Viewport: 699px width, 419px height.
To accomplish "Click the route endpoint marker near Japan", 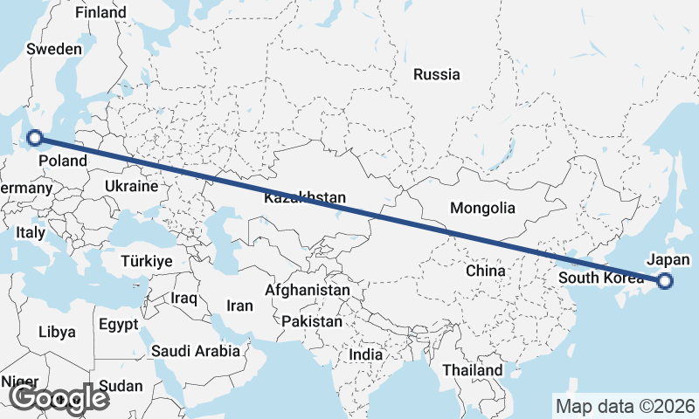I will pos(665,280).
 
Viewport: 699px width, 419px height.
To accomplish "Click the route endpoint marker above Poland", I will pos(35,136).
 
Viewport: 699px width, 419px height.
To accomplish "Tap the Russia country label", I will pos(437,74).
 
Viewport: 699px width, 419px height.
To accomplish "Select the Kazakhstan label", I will pos(304,197).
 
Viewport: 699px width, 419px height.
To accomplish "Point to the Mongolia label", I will pos(482,208).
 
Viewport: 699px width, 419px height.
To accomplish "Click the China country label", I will pos(485,271).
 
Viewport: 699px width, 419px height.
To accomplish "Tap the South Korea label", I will pos(594,278).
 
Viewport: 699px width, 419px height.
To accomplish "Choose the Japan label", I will pos(669,259).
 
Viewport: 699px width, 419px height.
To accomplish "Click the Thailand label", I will pos(472,370).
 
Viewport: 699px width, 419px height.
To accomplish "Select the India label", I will pos(365,354).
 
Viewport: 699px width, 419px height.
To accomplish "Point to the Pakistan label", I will pos(312,321).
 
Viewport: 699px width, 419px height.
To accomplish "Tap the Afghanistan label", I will pos(308,290).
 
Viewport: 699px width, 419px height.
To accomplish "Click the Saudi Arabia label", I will pos(196,351).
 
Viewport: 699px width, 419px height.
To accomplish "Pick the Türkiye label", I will pos(147,261).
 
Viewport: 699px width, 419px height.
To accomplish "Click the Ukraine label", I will pos(131,186).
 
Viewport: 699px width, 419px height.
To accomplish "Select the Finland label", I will pos(100,12).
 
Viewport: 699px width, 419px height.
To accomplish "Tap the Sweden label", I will pos(54,49).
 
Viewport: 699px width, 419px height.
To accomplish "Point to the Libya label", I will pos(58,332).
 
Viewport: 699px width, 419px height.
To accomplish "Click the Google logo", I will pos(59,398).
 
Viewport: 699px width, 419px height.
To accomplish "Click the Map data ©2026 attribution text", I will pos(626,406).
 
